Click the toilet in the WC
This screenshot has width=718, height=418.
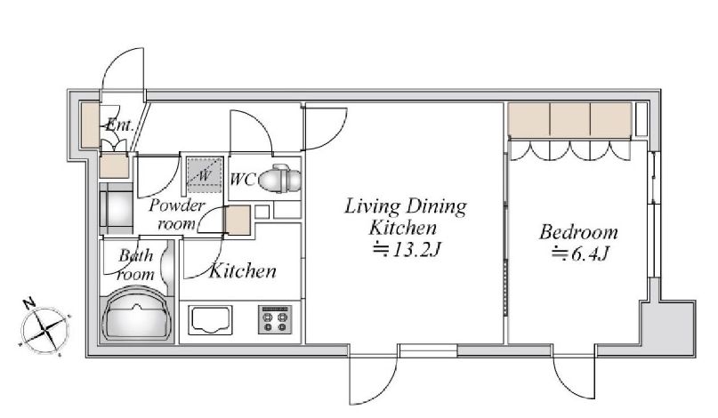[279, 178]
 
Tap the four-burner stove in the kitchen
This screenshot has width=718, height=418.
[275, 319]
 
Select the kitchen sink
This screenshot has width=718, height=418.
[210, 320]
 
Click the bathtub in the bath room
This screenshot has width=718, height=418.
[136, 315]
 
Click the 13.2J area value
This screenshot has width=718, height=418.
[407, 250]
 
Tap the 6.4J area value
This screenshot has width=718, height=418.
[580, 253]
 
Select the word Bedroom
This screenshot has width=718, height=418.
[579, 232]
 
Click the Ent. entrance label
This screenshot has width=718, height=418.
[119, 125]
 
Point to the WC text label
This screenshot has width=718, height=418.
[242, 180]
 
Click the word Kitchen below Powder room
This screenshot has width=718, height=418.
[243, 271]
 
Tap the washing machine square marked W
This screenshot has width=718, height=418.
[205, 174]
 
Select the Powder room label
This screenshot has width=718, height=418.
[176, 214]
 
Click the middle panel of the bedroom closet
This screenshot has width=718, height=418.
[569, 119]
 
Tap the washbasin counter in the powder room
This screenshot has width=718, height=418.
[117, 209]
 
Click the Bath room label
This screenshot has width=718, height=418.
[135, 265]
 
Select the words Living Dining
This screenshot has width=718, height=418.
[406, 206]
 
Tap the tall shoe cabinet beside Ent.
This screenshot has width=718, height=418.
[90, 125]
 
